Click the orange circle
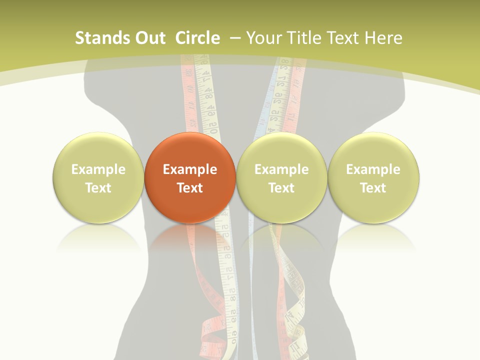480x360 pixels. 190,177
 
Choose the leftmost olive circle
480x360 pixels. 98,177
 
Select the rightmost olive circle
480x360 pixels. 373,177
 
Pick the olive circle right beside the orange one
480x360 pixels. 281,177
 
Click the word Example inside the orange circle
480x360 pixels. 190,169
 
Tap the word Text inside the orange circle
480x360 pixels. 190,188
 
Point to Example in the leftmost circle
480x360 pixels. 98,169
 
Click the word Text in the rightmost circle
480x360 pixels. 373,188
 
